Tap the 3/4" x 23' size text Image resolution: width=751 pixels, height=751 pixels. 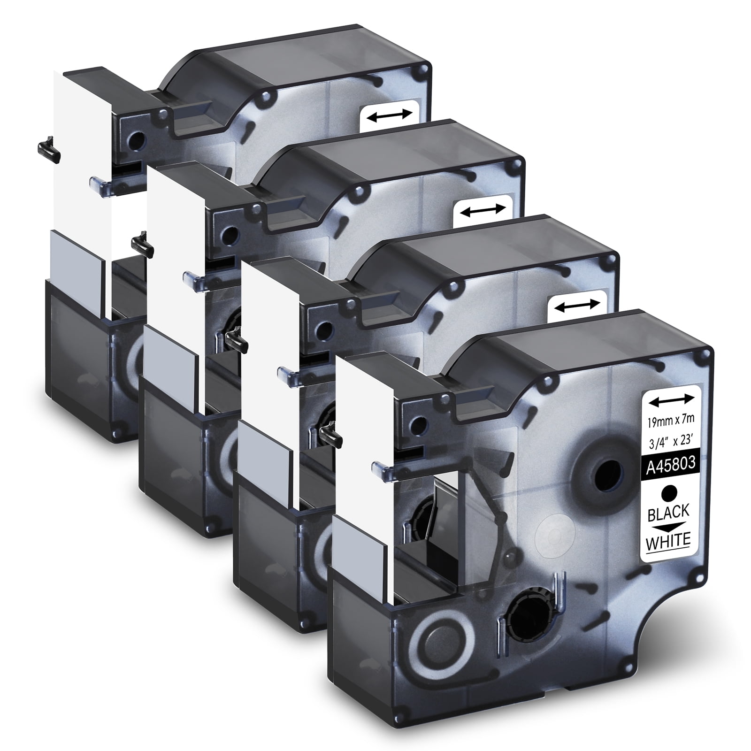point(670,444)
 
